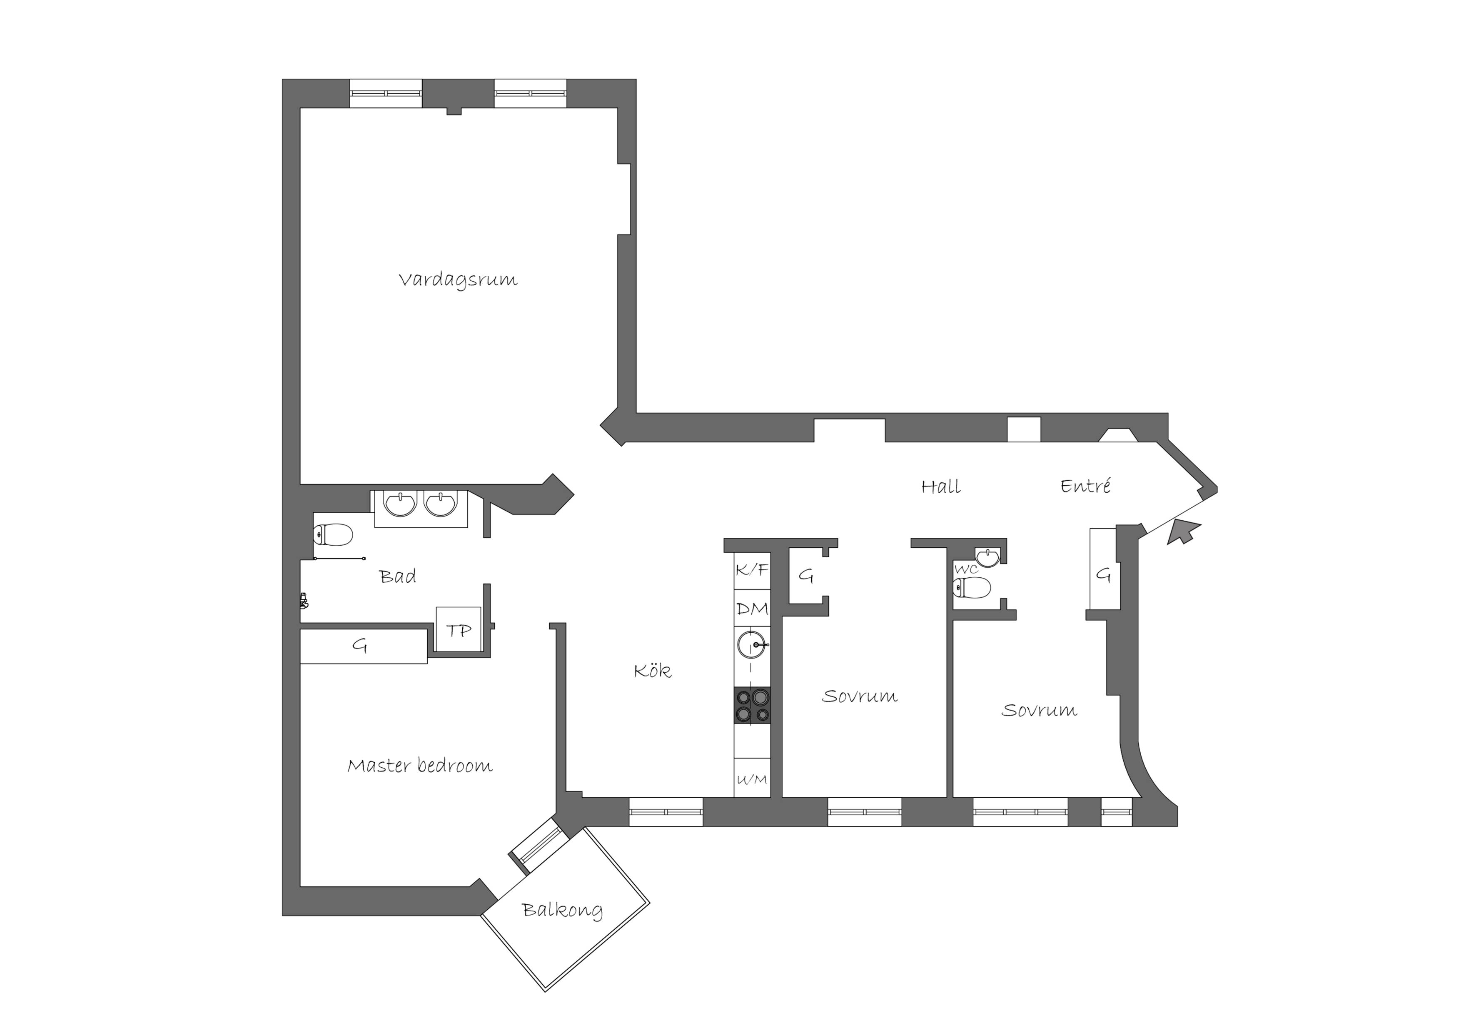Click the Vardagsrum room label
pyautogui.click(x=458, y=280)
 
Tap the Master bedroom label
pyautogui.click(x=420, y=765)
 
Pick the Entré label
pyautogui.click(x=1086, y=486)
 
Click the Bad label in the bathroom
pyautogui.click(x=398, y=576)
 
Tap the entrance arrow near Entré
pyautogui.click(x=1182, y=531)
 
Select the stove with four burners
pyautogui.click(x=752, y=705)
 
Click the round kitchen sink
pyautogui.click(x=752, y=645)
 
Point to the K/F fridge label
pyautogui.click(x=752, y=570)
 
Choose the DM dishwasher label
pyautogui.click(x=752, y=609)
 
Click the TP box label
pyautogui.click(x=458, y=630)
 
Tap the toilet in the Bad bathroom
pyautogui.click(x=333, y=535)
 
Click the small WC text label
pyautogui.click(x=966, y=569)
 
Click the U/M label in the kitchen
pyautogui.click(x=752, y=780)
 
